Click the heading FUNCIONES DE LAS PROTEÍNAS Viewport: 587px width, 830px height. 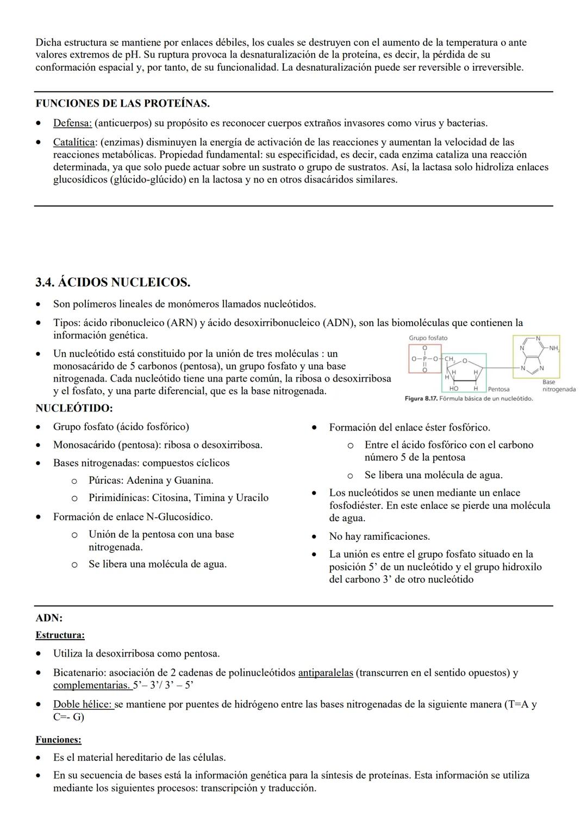122,103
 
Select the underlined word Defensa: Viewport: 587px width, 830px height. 72,123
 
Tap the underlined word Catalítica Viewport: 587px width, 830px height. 74,142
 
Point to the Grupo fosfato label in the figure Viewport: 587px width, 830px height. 428,338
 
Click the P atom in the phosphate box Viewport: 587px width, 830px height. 424,359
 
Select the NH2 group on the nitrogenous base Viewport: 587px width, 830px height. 553,348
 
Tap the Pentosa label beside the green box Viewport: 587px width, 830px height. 498,389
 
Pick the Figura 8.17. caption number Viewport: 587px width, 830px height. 421,399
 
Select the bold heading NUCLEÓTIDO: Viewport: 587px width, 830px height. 74,408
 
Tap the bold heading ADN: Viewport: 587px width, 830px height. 49,618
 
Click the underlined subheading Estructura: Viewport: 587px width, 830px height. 60,635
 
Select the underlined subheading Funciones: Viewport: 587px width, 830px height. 58,740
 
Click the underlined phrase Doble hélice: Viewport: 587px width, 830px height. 83,704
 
